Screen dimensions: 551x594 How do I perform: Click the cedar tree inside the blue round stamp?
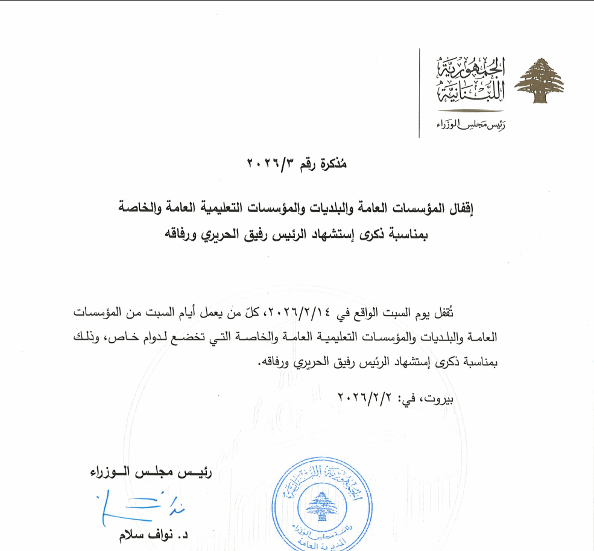tap(320, 507)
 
